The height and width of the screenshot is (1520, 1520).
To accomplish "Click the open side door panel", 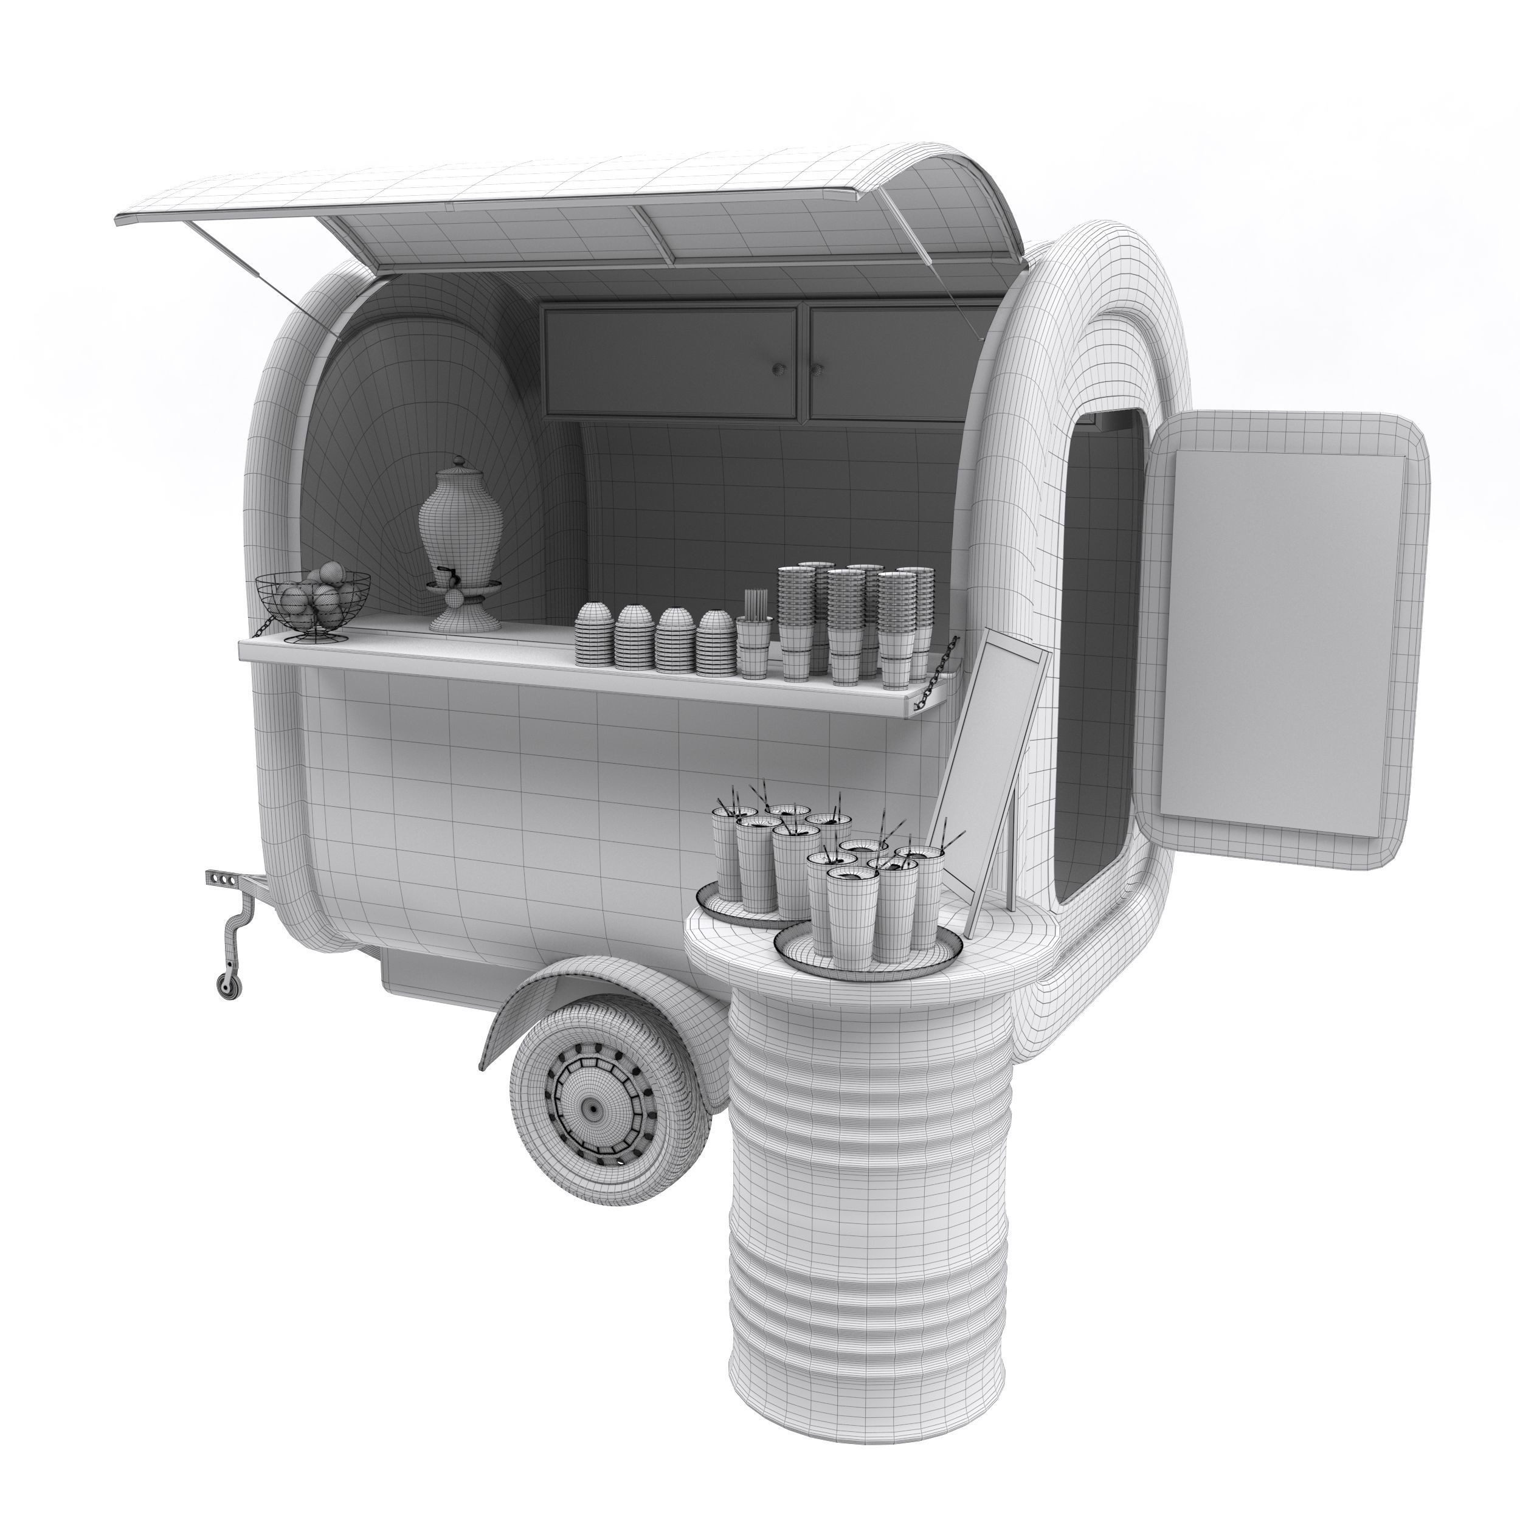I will click(1290, 637).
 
